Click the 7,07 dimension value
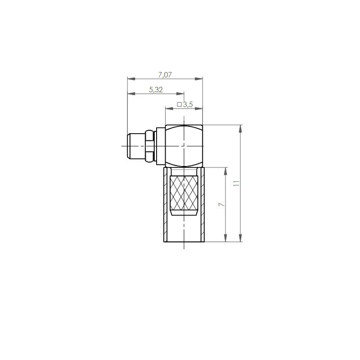point(165,75)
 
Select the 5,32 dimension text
point(156,90)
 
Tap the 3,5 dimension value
point(188,105)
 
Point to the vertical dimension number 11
point(236,183)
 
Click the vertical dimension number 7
point(221,204)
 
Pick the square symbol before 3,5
point(180,105)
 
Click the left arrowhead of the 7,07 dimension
point(131,79)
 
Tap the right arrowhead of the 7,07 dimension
point(199,79)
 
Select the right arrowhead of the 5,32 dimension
point(180,94)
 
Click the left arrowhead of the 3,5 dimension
point(170,108)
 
